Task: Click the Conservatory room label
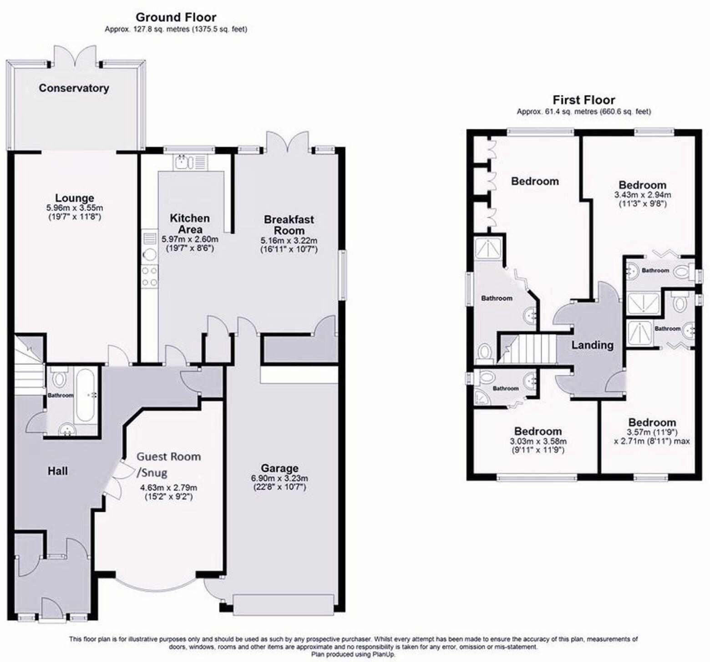click(x=74, y=88)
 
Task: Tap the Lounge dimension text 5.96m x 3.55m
click(x=75, y=208)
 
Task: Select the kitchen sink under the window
click(x=190, y=162)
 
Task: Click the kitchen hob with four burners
click(x=150, y=277)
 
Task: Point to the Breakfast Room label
click(x=289, y=225)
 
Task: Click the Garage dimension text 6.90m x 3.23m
click(x=279, y=478)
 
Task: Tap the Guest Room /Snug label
click(x=169, y=463)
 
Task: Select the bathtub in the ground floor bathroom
click(x=86, y=395)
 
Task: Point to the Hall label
click(x=58, y=471)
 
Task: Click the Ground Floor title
click(x=176, y=17)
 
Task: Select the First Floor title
click(x=583, y=100)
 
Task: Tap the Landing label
click(x=592, y=345)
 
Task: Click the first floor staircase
click(x=528, y=349)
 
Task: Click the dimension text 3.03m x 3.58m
click(x=538, y=441)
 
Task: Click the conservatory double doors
click(x=75, y=56)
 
